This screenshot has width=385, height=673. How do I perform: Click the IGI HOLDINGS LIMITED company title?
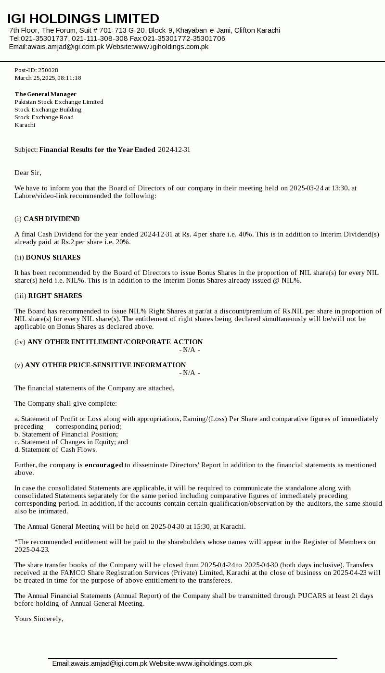pyautogui.click(x=83, y=19)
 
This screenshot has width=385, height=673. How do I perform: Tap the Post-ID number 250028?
pyautogui.click(x=48, y=70)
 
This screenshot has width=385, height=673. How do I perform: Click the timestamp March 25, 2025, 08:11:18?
pyautogui.click(x=48, y=78)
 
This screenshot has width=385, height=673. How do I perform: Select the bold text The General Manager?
pyautogui.click(x=45, y=94)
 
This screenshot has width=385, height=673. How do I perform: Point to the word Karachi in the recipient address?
pyautogui.click(x=25, y=125)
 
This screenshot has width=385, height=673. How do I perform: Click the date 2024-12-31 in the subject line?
pyautogui.click(x=174, y=150)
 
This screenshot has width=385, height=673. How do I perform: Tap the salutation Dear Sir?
pyautogui.click(x=27, y=173)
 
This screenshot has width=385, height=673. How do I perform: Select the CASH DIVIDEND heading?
pyautogui.click(x=51, y=219)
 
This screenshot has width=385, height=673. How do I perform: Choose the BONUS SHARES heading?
pyautogui.click(x=53, y=258)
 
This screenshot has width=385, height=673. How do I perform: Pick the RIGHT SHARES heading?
pyautogui.click(x=55, y=296)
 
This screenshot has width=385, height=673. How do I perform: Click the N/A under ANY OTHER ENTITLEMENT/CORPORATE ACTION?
pyautogui.click(x=189, y=350)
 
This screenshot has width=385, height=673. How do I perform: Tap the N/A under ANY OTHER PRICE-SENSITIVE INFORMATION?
pyautogui.click(x=189, y=373)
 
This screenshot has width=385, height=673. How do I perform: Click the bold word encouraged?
pyautogui.click(x=104, y=465)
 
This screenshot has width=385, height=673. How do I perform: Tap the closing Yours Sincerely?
pyautogui.click(x=38, y=619)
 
